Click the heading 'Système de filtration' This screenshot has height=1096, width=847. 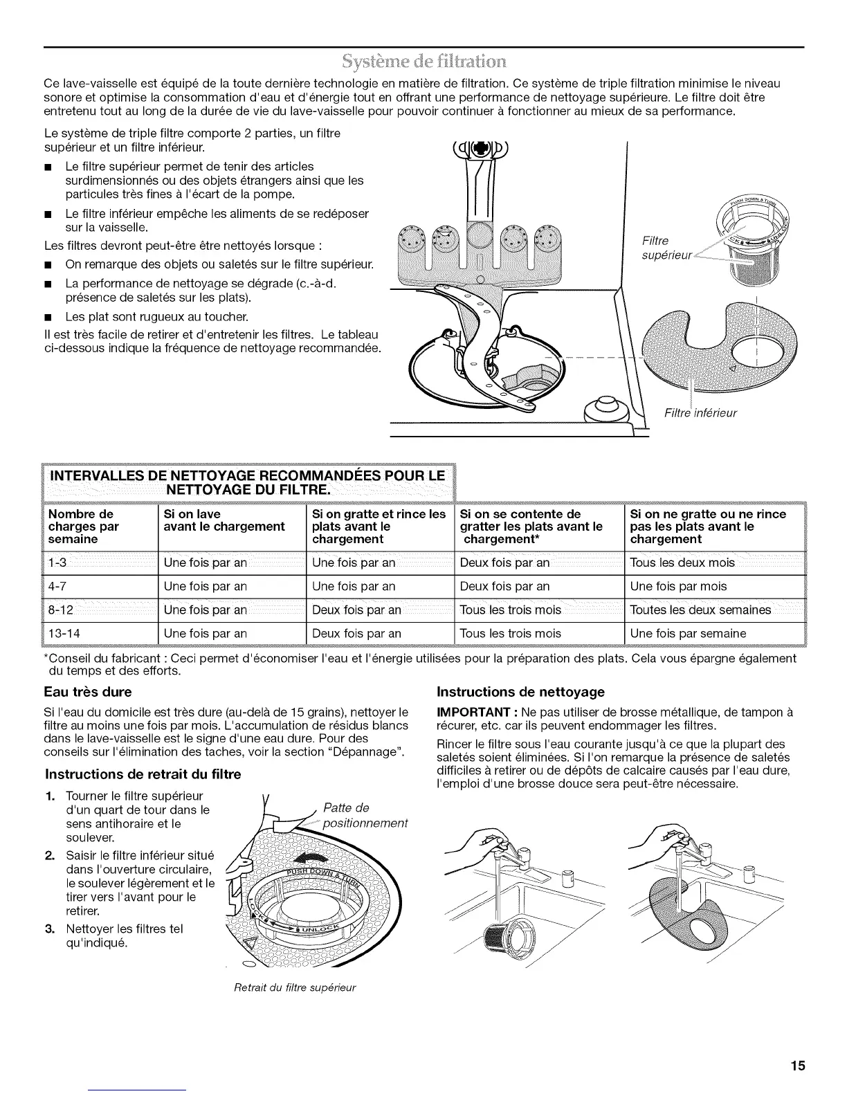[x=423, y=57]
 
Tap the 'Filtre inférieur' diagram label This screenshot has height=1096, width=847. [x=700, y=413]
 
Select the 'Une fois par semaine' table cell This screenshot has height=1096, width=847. [x=688, y=633]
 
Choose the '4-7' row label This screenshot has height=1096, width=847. [x=58, y=586]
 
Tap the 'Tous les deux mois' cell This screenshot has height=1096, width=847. [x=682, y=563]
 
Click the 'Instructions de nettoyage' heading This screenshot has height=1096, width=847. [x=521, y=691]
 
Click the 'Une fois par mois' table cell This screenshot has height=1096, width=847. [x=678, y=586]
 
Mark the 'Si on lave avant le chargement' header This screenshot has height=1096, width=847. [x=224, y=520]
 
